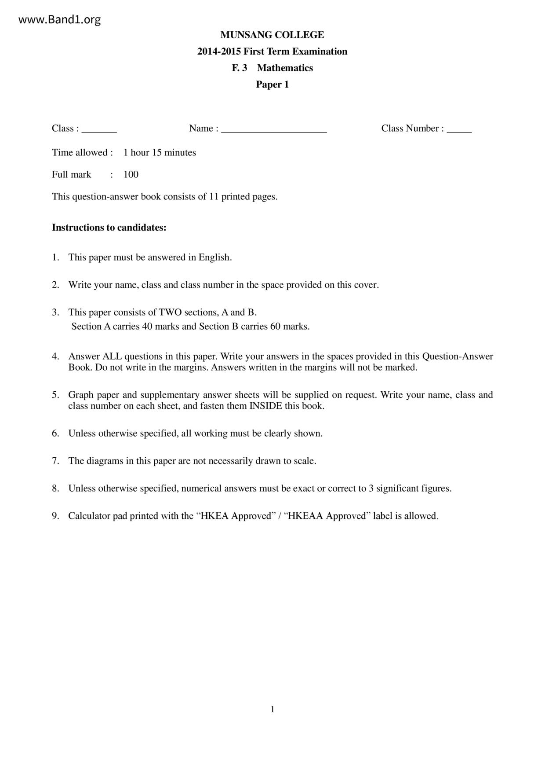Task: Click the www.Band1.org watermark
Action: [60, 20]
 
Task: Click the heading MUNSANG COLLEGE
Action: [272, 35]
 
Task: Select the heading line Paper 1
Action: [272, 85]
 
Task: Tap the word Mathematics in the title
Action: [285, 68]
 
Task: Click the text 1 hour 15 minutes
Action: [160, 153]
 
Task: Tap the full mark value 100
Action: [131, 175]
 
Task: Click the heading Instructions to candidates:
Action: [109, 228]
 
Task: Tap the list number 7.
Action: [55, 461]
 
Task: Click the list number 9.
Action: [55, 516]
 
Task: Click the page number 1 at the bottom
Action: [272, 709]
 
